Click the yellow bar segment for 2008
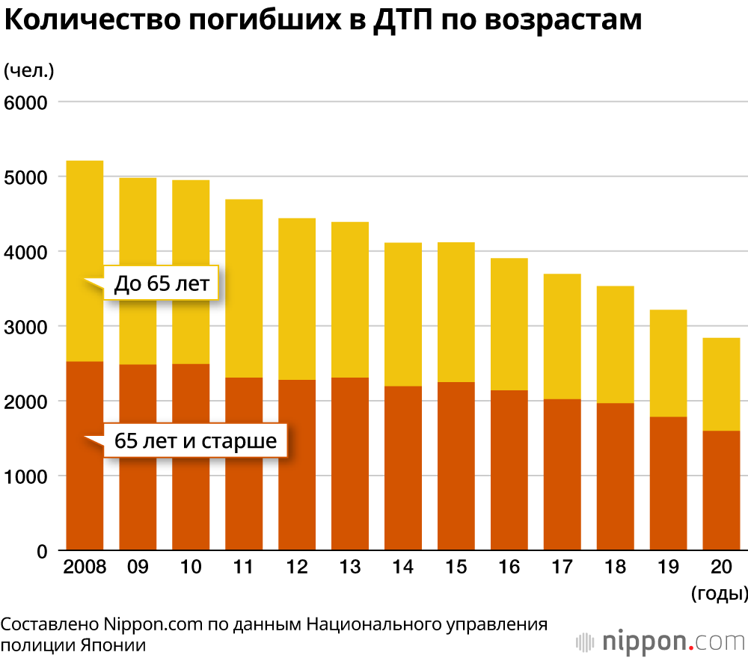pos(85,224)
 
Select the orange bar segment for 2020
pos(722,491)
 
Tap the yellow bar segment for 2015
pos(456,312)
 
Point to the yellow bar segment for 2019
pos(669,363)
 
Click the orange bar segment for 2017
pos(562,475)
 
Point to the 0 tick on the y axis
pos(42,552)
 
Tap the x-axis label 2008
pos(85,567)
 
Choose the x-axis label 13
pos(350,567)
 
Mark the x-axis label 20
pos(721,567)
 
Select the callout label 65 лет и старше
pos(195,441)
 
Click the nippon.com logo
pos(662,642)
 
